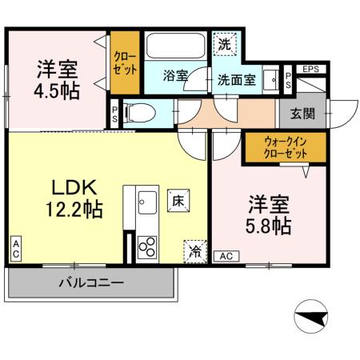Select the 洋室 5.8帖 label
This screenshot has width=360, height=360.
click(268, 214)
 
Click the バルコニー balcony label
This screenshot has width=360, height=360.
click(91, 282)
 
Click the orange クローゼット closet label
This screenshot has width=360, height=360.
click(125, 62)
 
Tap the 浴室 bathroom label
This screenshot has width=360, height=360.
click(174, 76)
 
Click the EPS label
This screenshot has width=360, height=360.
click(310, 70)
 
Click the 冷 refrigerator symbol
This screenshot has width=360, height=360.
click(195, 251)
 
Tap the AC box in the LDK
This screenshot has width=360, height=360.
click(15, 249)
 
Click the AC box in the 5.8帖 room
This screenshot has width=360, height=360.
click(226, 256)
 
